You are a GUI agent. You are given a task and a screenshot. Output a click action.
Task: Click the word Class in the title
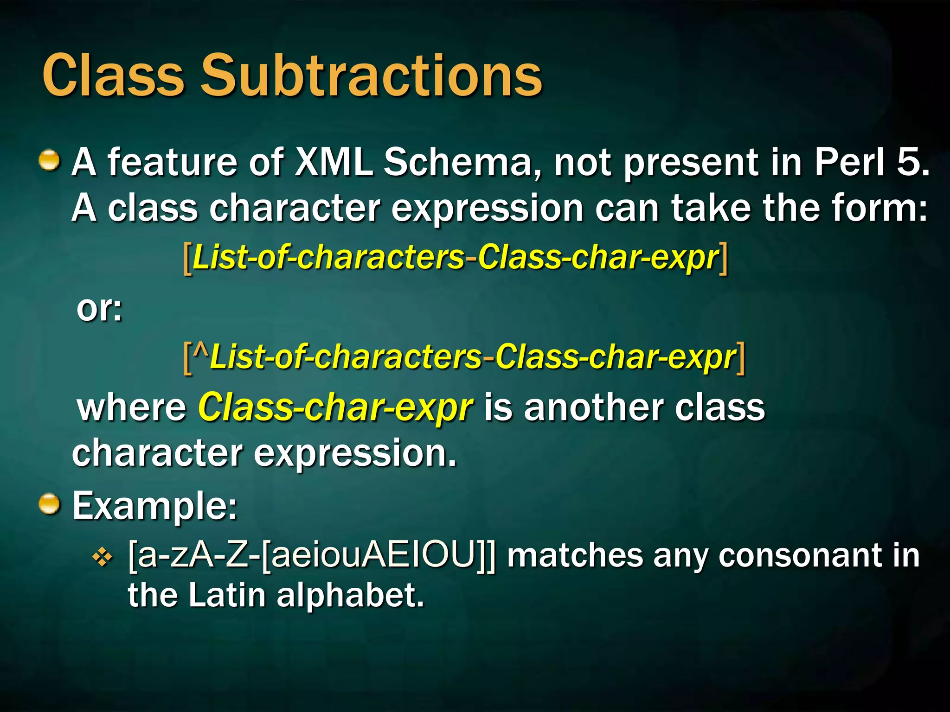(113, 76)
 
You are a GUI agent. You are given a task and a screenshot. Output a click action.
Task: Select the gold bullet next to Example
(49, 504)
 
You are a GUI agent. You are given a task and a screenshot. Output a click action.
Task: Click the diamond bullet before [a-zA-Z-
(103, 558)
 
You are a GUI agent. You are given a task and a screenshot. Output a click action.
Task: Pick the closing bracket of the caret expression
(741, 358)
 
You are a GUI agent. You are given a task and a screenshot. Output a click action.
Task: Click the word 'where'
(132, 408)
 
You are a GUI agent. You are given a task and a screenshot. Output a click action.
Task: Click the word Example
(154, 506)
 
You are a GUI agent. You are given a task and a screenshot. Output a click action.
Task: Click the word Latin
(227, 596)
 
